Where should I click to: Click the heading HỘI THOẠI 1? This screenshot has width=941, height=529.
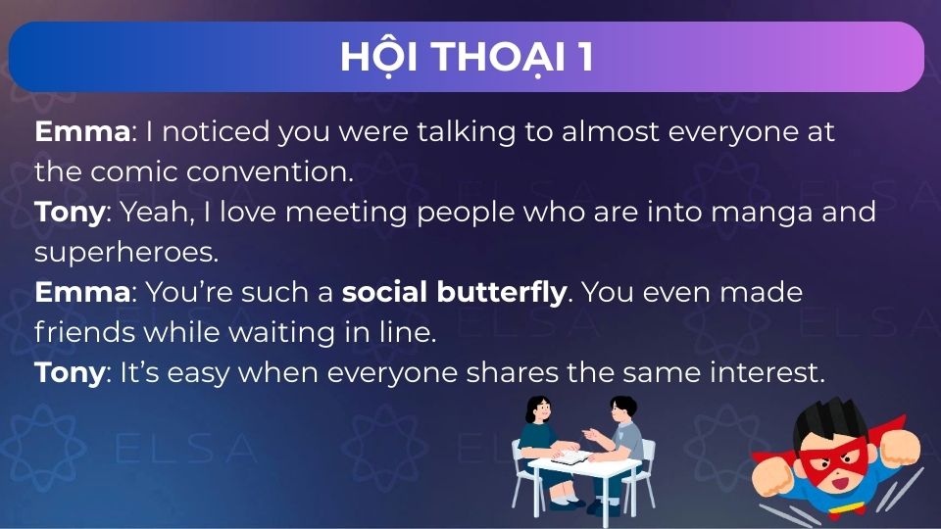(x=467, y=57)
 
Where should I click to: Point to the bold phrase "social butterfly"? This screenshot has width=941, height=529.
(x=454, y=292)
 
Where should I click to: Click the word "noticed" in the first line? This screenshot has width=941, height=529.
(x=223, y=131)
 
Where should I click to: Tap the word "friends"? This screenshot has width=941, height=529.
(x=84, y=332)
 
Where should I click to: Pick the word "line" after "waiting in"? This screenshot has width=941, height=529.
(x=408, y=332)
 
